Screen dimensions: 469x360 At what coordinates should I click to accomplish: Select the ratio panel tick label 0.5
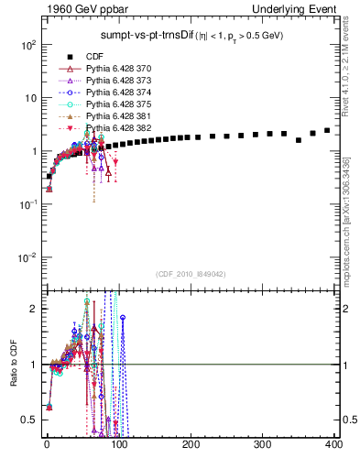tap(32, 420)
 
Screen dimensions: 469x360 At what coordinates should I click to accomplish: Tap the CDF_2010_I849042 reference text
tap(191, 274)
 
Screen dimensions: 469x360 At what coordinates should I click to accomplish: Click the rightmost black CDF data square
tap(327, 130)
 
